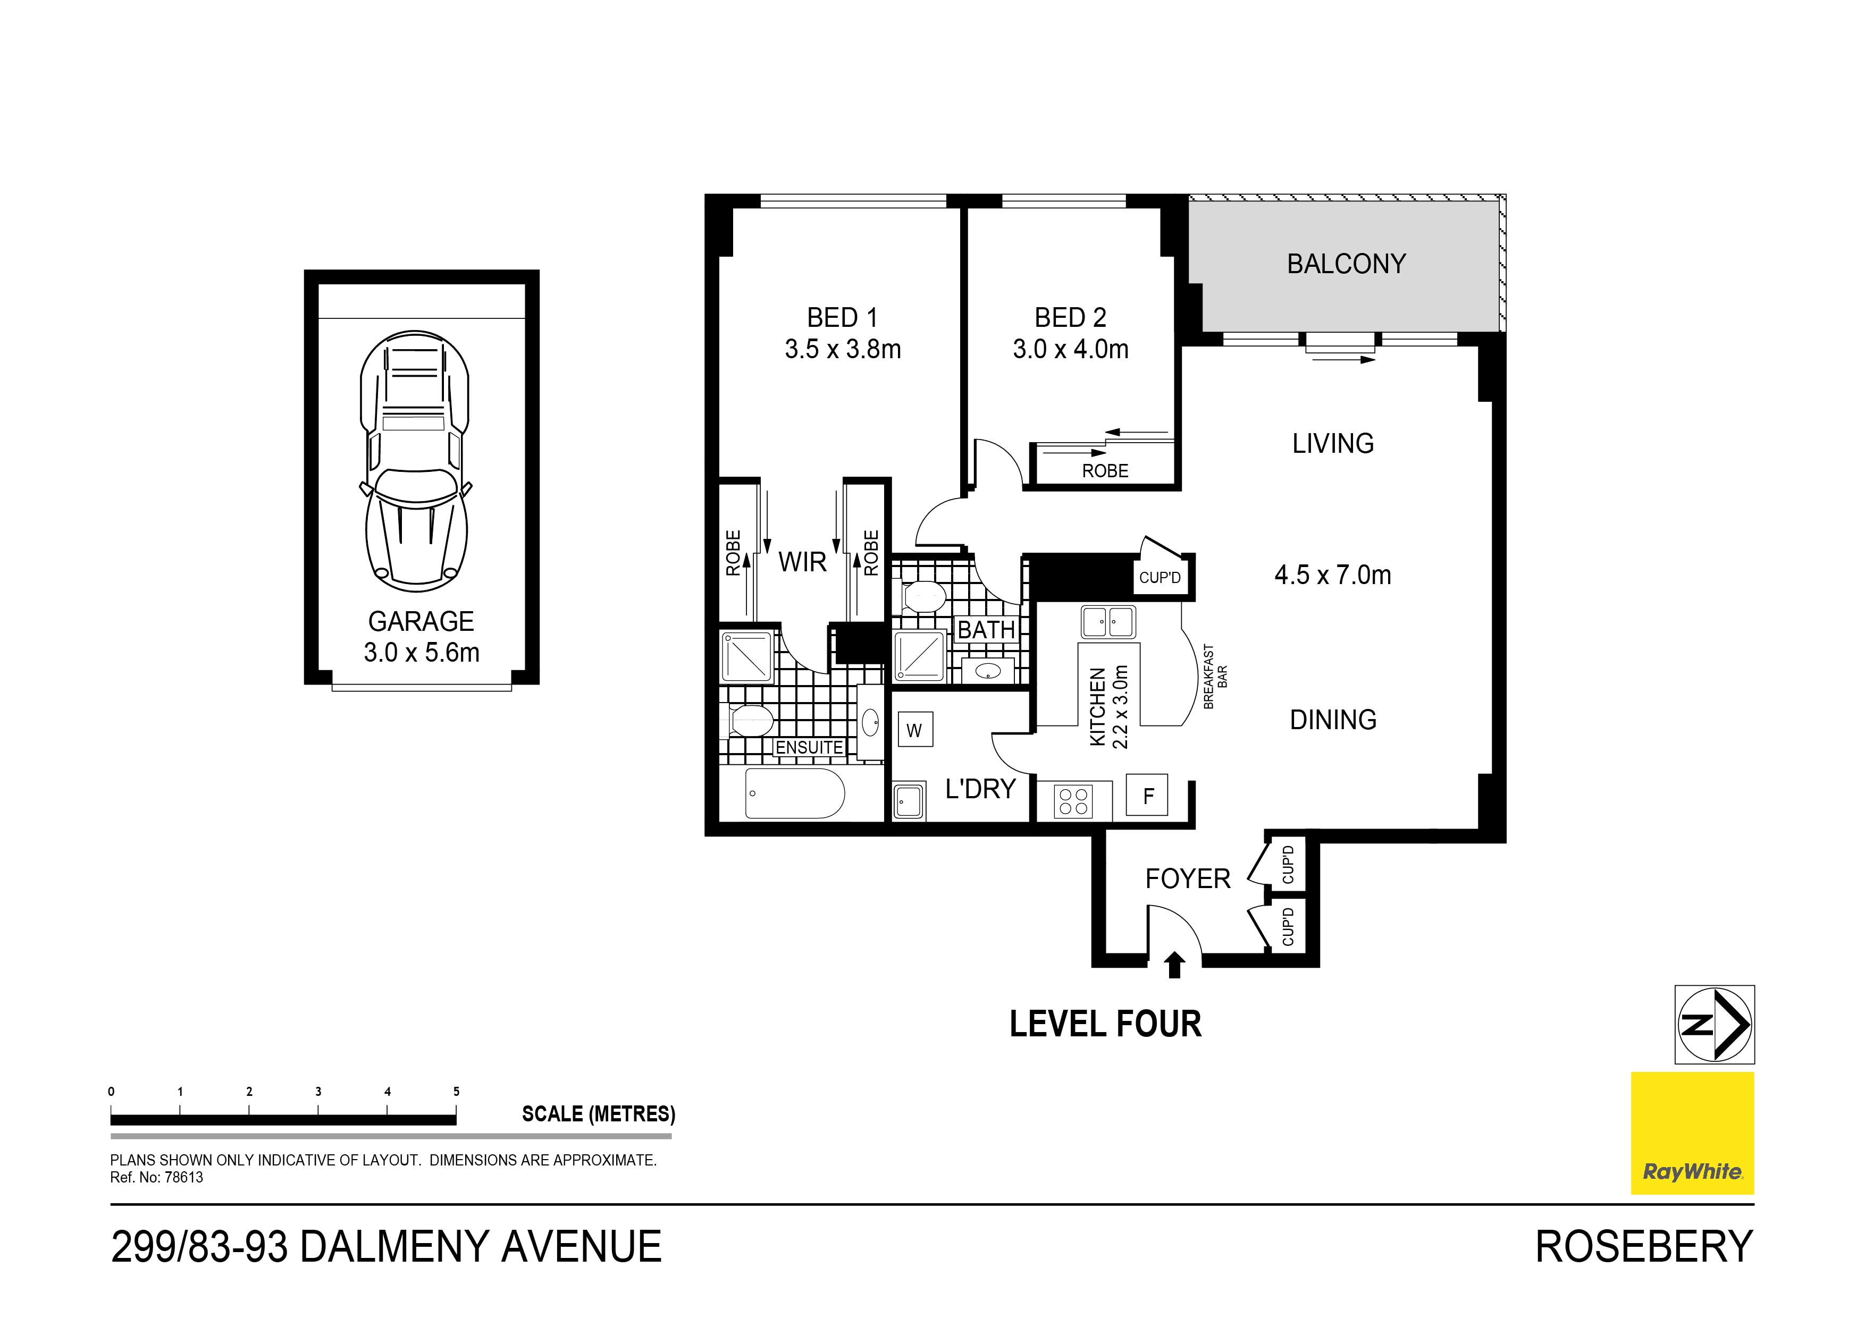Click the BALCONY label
(x=1346, y=264)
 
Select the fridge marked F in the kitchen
(x=1147, y=795)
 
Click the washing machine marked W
(x=914, y=729)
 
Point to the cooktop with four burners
(x=1073, y=801)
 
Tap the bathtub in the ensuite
(x=794, y=793)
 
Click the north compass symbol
(x=1714, y=1024)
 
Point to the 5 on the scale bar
(x=457, y=1092)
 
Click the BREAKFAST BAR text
(x=1214, y=677)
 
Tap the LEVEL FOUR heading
(x=1105, y=1024)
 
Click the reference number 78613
(x=183, y=1178)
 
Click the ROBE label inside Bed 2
(x=1105, y=471)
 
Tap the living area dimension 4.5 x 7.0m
(x=1332, y=575)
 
